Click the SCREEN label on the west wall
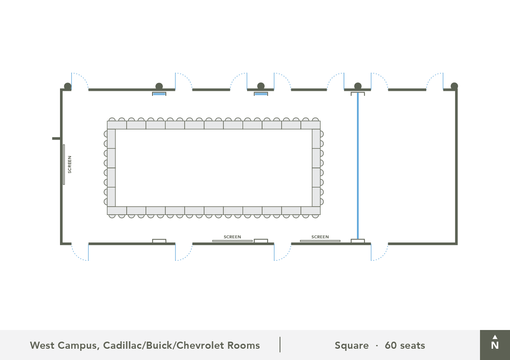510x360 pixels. (70, 164)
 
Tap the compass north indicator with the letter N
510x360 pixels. (495, 343)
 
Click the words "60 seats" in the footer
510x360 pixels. (405, 345)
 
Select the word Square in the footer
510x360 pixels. (351, 345)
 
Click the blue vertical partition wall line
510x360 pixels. (357, 167)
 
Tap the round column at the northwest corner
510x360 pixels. (67, 86)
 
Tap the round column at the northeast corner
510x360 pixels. (454, 86)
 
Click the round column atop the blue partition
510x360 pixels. (357, 86)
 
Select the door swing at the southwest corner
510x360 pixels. (80, 252)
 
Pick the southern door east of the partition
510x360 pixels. (379, 252)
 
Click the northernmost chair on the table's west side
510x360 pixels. (105, 134)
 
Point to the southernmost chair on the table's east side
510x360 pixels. (322, 202)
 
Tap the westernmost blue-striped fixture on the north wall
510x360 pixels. (159, 94)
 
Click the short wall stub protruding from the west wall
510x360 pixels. (56, 138)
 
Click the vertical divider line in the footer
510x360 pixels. (280, 345)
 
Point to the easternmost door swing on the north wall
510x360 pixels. (435, 81)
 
